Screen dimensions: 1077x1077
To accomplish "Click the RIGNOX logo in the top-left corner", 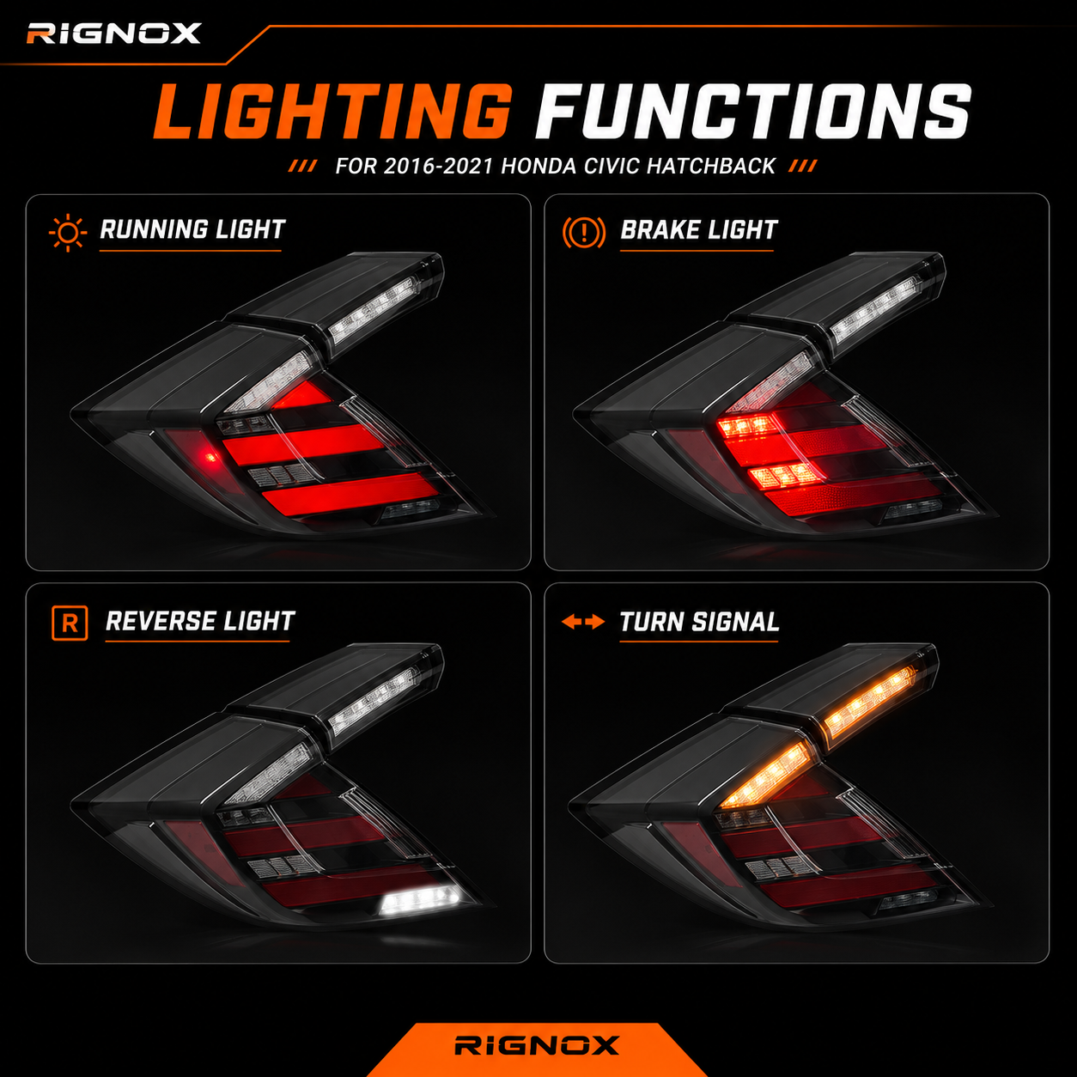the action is pos(113,33).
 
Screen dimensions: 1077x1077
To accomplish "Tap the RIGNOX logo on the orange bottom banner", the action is pos(537,1044).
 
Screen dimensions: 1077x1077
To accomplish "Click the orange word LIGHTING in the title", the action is pos(333,112).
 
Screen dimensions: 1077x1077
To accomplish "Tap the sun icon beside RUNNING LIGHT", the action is pos(68,233).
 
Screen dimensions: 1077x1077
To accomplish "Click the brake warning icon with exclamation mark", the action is pos(583,232).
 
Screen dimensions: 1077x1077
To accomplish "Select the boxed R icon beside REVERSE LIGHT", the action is pos(70,623).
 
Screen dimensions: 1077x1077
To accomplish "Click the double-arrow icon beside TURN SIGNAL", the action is pos(583,622).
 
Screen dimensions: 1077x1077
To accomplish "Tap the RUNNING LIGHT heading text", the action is pos(192,229).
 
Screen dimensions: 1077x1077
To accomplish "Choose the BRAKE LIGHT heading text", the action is pos(698,229).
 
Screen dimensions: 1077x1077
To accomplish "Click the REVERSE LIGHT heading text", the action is pos(200,621).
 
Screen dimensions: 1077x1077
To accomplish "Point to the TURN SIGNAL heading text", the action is pos(699,622).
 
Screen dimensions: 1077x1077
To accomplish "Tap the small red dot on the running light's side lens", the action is pos(210,457).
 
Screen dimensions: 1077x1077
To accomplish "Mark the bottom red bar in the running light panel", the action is pos(351,494).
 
